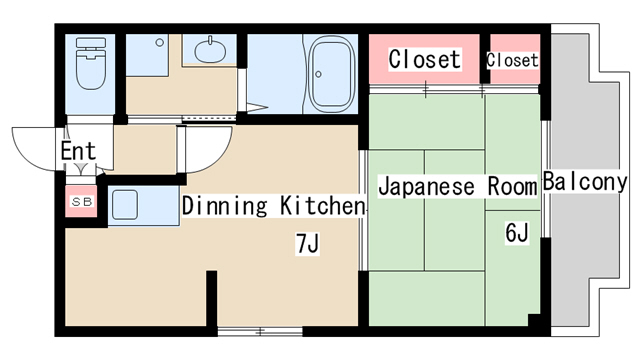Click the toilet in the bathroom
pos(90,65)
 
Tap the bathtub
pos(329,75)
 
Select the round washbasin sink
pos(211,51)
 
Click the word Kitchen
pos(321,207)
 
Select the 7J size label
pos(308,242)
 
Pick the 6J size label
pos(516,234)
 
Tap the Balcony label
pos(585,183)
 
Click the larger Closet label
pos(425,60)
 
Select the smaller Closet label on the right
pos(512,60)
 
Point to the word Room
pos(512,186)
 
